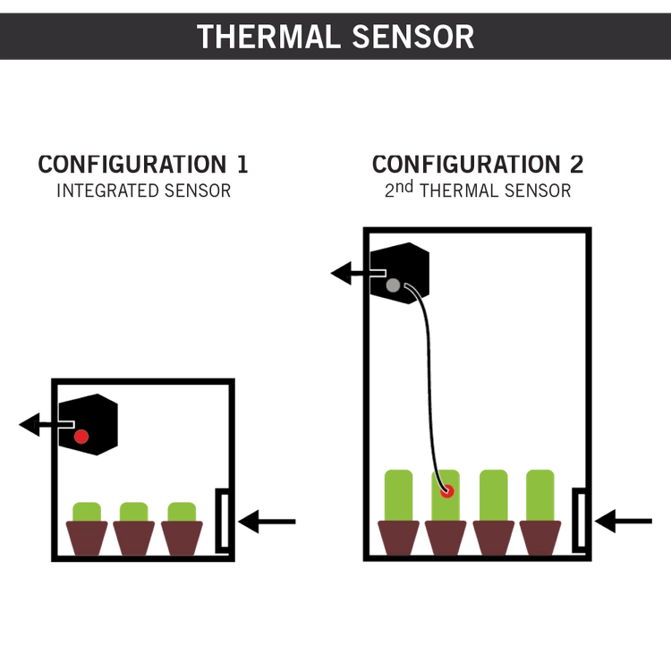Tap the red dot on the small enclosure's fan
(81, 437)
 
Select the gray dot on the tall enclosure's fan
(393, 285)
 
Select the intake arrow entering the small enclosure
(268, 521)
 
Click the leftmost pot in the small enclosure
(87, 538)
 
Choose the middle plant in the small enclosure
(134, 511)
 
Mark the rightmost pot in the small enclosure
(183, 538)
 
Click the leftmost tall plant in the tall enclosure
(397, 492)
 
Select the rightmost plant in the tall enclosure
(540, 492)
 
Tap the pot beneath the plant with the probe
(446, 537)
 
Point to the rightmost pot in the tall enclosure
(540, 537)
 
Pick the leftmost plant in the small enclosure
(87, 511)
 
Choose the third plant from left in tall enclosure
(493, 492)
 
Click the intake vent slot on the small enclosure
(219, 518)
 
